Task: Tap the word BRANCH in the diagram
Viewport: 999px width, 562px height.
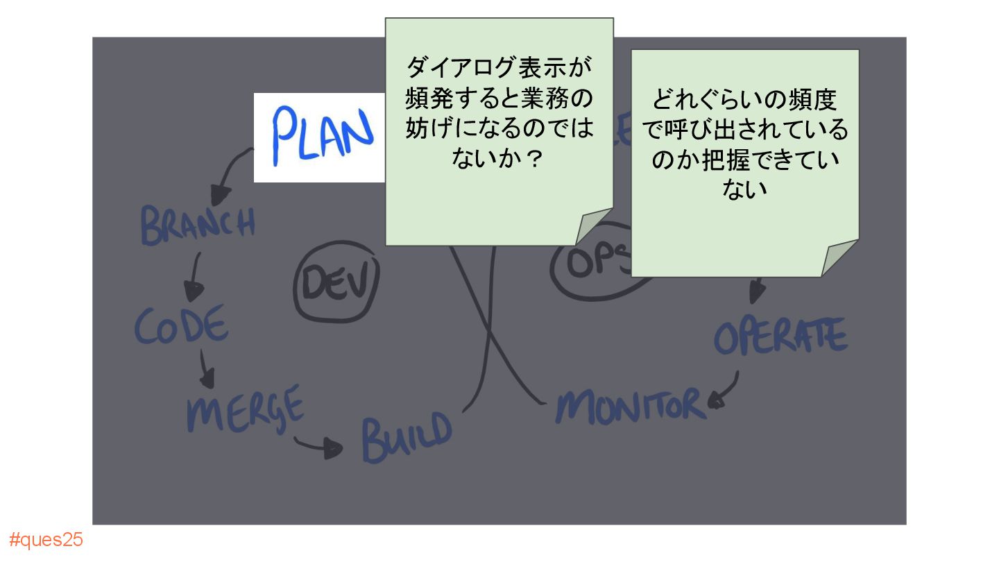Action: point(198,224)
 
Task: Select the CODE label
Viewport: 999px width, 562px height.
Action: point(181,325)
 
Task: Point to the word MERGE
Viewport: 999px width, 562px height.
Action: point(245,407)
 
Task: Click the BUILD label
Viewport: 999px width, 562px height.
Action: point(407,437)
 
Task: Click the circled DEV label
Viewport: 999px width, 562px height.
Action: point(337,284)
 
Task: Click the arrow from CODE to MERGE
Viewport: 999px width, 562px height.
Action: point(206,368)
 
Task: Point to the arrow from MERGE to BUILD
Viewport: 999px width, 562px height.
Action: point(318,445)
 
